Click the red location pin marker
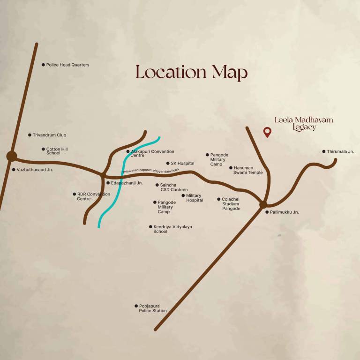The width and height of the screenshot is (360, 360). coord(267,132)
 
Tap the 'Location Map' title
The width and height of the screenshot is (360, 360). coord(191,73)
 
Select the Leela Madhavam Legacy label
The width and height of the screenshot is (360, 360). coord(304,123)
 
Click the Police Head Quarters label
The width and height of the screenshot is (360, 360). coord(67,65)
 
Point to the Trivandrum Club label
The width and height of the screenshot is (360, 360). coord(49,135)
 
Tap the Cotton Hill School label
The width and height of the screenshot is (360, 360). coord(57,151)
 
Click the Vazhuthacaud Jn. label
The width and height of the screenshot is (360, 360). coord(35,170)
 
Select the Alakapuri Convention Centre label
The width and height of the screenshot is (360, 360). coord(152,153)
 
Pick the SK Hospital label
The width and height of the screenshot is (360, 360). coord(182,163)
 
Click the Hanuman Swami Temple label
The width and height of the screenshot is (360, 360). coord(247,170)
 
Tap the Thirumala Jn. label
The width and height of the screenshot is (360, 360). coord(340,151)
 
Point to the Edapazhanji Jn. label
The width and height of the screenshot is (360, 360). coord(127,183)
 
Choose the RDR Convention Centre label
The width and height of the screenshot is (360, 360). coord(93,196)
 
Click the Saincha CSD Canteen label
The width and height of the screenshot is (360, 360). coord(174,187)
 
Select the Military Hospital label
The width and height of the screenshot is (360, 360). coord(194,198)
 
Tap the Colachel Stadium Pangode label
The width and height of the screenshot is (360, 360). coord(231,204)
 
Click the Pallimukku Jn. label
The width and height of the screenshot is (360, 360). coord(284,212)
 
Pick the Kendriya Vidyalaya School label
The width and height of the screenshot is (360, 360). coord(172,229)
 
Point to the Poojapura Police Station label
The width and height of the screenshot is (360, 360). coord(152,308)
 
